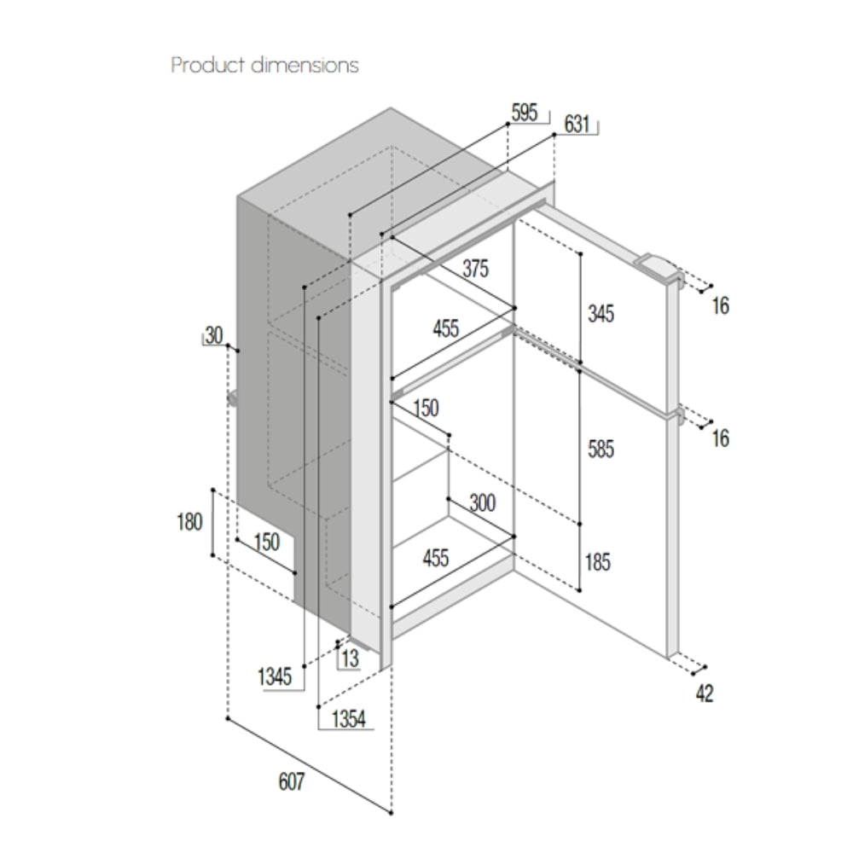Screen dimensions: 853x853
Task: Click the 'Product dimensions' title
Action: click(265, 66)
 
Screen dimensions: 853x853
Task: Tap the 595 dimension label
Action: click(525, 113)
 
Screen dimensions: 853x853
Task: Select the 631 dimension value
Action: click(577, 124)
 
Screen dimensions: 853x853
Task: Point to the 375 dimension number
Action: click(475, 269)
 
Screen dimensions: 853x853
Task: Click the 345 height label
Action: click(601, 314)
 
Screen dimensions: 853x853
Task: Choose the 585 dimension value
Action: click(601, 450)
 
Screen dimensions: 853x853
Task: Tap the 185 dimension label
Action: click(598, 562)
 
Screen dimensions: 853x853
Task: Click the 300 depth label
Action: click(483, 503)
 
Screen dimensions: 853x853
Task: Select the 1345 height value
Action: click(275, 677)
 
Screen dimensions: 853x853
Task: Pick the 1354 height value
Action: click(349, 719)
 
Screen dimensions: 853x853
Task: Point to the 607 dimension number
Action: click(292, 782)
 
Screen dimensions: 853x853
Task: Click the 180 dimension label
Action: click(189, 522)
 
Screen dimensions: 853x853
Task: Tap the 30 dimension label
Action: click(214, 335)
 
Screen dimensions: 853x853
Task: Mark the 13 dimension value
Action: click(351, 659)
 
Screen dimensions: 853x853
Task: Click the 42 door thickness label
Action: click(705, 694)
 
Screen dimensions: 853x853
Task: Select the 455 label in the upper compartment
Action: click(445, 328)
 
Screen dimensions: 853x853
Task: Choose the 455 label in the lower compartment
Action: click(436, 558)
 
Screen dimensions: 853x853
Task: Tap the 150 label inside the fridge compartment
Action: click(426, 408)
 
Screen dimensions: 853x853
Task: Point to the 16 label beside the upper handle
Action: click(721, 306)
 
